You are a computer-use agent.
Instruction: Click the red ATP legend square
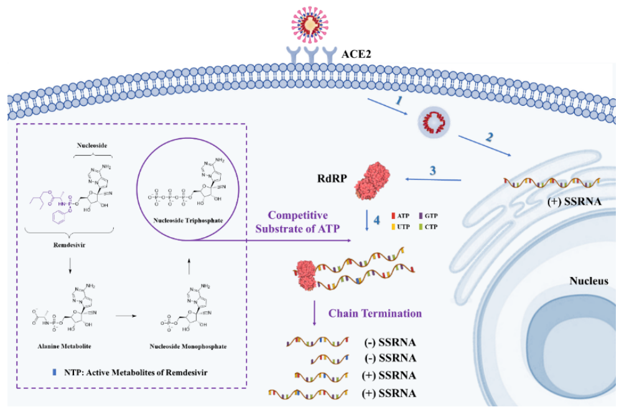pyautogui.click(x=394, y=214)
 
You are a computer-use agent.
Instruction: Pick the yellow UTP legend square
pyautogui.click(x=394, y=227)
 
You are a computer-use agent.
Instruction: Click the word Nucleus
pyautogui.click(x=589, y=281)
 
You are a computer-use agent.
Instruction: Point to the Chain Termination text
pyautogui.click(x=375, y=314)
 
